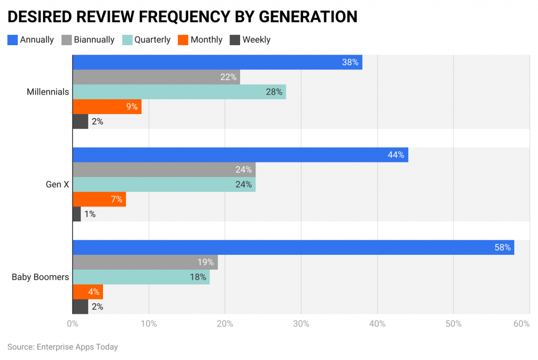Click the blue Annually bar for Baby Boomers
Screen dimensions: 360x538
pos(293,248)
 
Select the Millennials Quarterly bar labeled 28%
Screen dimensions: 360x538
pos(179,92)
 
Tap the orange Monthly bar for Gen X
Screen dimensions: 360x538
pos(99,199)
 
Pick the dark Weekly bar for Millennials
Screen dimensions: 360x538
pos(80,121)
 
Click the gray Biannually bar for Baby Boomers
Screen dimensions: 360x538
pos(145,262)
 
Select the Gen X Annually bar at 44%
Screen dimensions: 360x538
pos(240,155)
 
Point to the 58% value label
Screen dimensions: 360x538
pos(502,248)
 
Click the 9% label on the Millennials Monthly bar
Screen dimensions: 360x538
pos(131,107)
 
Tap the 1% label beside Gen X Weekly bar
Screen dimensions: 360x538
pos(90,214)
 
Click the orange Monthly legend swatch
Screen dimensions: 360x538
pos(182,39)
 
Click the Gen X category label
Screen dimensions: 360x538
pos(57,184)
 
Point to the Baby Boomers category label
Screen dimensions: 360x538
pos(40,277)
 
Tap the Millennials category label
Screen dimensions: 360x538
pos(48,92)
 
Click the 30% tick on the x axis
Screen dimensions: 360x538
pos(301,324)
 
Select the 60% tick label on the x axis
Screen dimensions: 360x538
pos(521,324)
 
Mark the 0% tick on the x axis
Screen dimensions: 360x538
pos(73,324)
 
